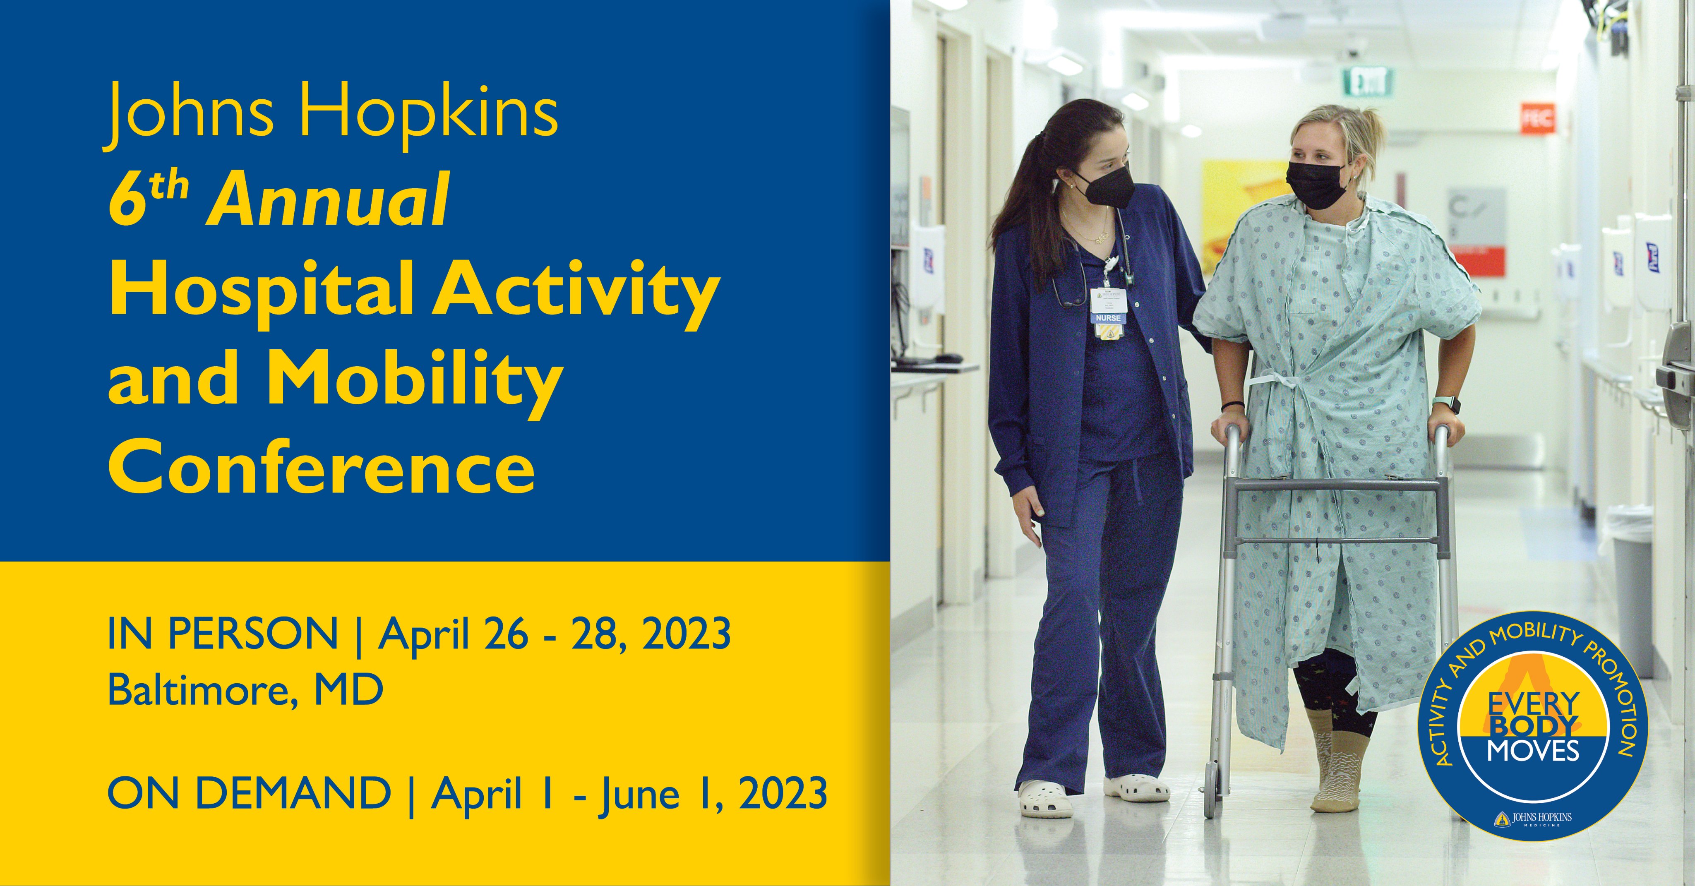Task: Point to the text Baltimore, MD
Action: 245,690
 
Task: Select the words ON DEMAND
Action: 249,792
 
